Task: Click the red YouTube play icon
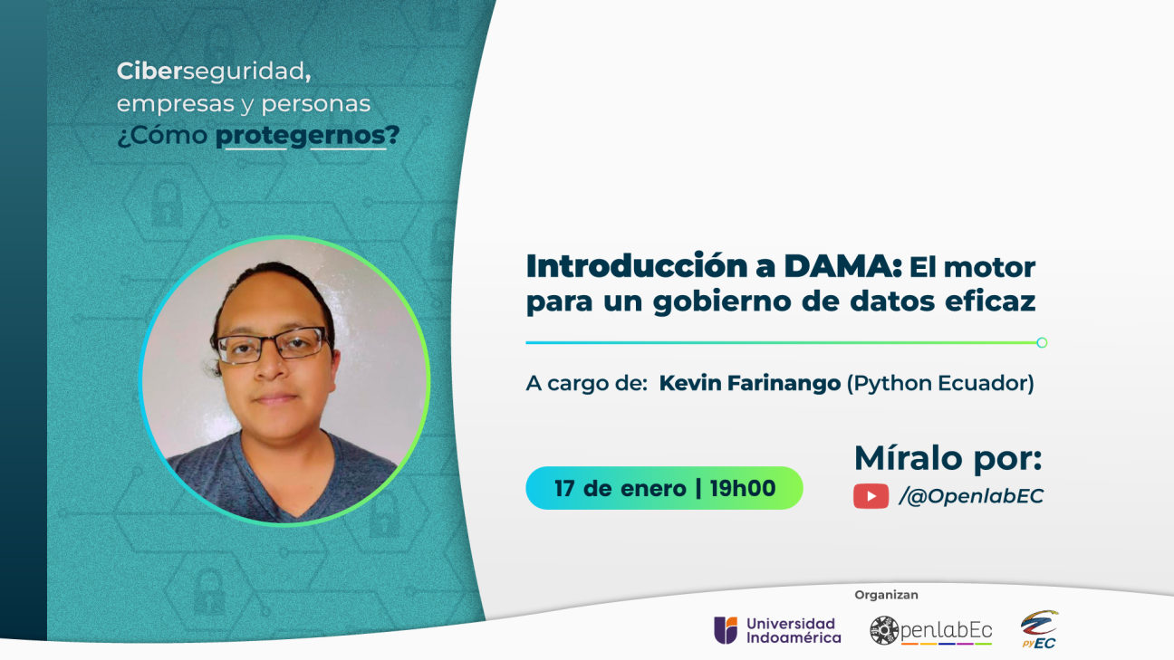(x=871, y=496)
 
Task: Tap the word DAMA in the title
(x=843, y=266)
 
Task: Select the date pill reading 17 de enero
(x=664, y=488)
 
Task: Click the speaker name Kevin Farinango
(x=749, y=383)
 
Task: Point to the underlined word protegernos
(x=301, y=136)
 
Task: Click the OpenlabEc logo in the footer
(x=931, y=630)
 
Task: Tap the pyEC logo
(x=1039, y=629)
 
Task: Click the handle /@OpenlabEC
(x=971, y=496)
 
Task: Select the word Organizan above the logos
(x=886, y=595)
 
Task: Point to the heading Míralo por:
(x=948, y=458)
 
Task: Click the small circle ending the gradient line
(x=1042, y=342)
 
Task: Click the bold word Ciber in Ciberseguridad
(x=149, y=72)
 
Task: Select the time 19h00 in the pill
(x=743, y=488)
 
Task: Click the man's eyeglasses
(x=274, y=345)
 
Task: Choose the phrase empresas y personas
(x=244, y=104)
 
